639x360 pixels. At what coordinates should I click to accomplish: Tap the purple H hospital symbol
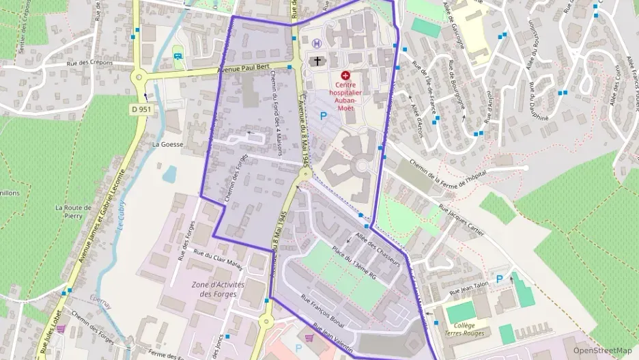click(x=315, y=44)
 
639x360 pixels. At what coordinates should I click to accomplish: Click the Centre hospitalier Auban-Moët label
click(x=347, y=95)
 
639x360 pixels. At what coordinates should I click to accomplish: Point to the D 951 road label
click(x=142, y=109)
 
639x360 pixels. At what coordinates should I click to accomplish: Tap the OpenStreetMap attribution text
click(x=602, y=350)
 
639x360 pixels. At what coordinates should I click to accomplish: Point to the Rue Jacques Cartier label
click(x=461, y=221)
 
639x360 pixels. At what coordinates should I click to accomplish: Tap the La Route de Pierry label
click(x=69, y=211)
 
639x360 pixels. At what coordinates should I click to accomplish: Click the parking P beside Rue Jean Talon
click(x=499, y=279)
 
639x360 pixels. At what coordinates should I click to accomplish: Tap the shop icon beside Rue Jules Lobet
click(x=61, y=329)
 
